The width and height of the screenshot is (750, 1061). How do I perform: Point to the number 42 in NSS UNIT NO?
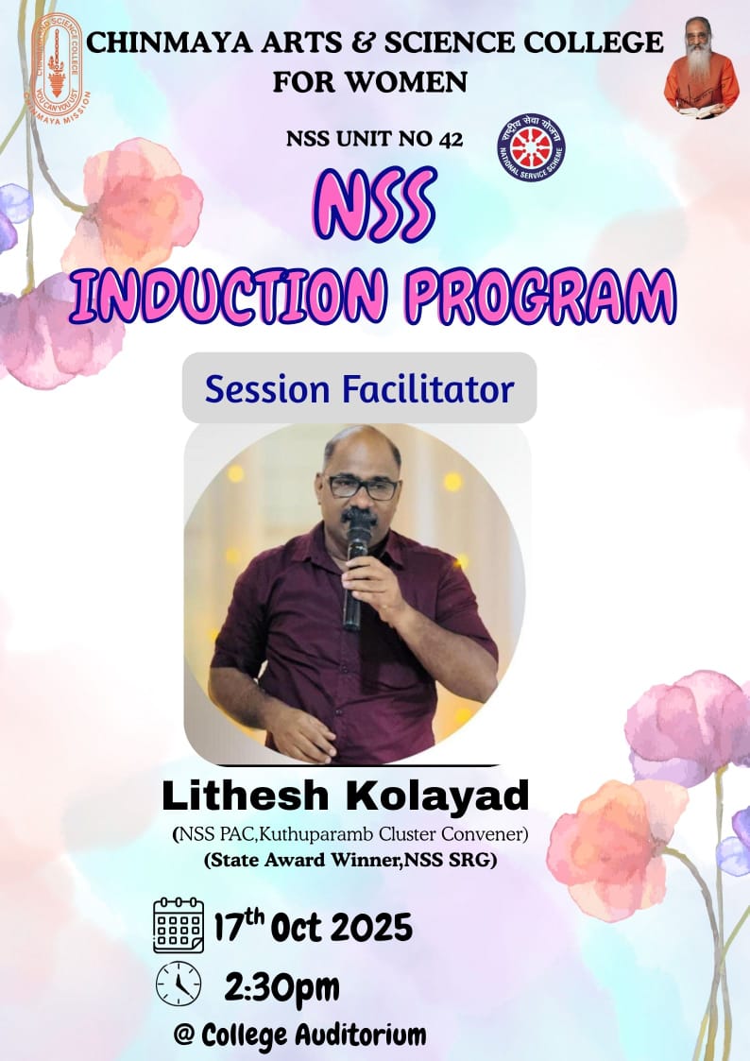[451, 140]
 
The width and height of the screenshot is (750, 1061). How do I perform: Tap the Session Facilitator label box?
[359, 388]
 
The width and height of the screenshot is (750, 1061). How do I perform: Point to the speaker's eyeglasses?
[363, 488]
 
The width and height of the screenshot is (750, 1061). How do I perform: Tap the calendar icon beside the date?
[179, 925]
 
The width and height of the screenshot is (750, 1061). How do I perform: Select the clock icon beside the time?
[179, 985]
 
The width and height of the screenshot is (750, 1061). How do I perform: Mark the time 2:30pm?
[281, 987]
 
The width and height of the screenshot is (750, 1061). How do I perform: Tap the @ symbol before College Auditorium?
[184, 1035]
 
